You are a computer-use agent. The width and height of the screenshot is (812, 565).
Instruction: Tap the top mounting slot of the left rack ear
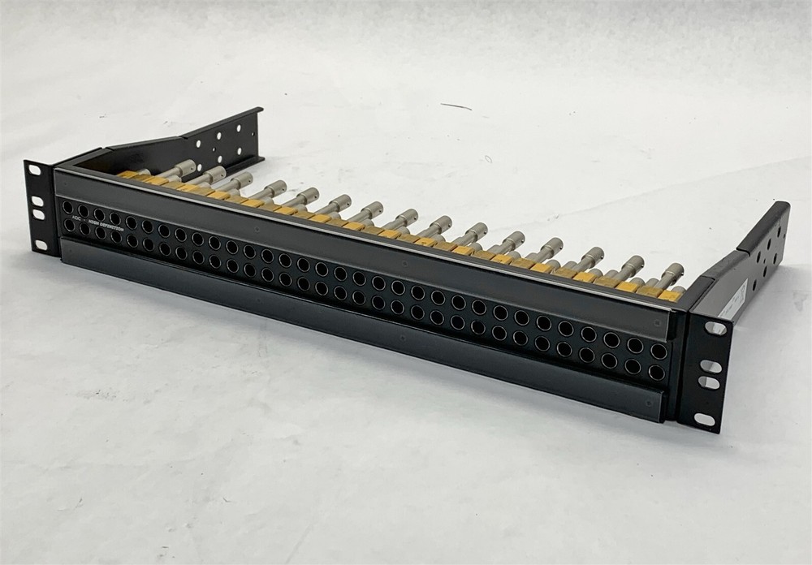pyautogui.click(x=34, y=170)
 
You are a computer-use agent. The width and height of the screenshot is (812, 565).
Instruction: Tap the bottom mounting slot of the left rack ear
pyautogui.click(x=41, y=244)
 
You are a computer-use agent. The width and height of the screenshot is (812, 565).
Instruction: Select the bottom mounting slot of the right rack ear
pyautogui.click(x=704, y=420)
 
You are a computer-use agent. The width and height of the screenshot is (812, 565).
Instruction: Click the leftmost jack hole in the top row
pyautogui.click(x=67, y=208)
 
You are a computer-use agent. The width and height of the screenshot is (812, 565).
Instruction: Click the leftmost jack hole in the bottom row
pyautogui.click(x=68, y=226)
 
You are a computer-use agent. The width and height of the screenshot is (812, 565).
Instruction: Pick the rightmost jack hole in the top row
pyautogui.click(x=658, y=352)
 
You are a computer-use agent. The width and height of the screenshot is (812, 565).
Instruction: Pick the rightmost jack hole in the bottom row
pyautogui.click(x=655, y=373)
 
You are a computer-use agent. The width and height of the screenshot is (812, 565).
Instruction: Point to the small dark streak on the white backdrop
pyautogui.click(x=456, y=106)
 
